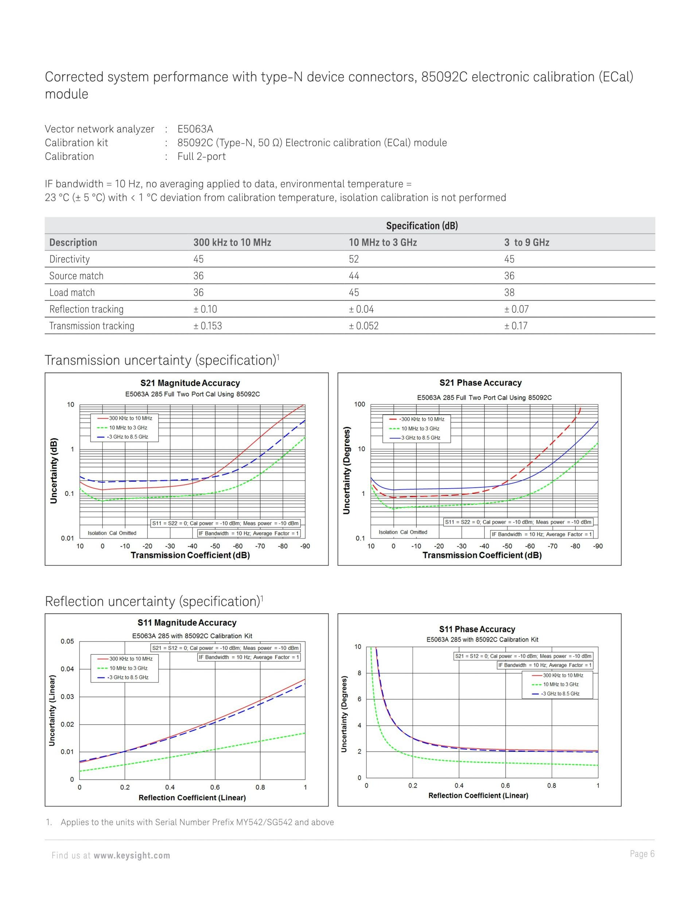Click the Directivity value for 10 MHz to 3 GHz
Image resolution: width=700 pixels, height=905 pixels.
click(353, 259)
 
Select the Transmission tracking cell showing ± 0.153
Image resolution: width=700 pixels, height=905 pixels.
click(207, 326)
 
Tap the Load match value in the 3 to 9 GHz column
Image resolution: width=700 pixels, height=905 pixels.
click(509, 293)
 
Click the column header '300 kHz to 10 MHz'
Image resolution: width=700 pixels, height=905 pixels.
click(232, 242)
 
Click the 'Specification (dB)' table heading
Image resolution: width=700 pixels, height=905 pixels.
click(422, 226)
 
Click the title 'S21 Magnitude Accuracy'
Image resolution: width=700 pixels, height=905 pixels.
click(190, 383)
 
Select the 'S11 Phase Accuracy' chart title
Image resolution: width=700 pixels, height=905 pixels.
click(477, 629)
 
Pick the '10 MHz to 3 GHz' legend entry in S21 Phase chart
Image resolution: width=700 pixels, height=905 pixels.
click(420, 428)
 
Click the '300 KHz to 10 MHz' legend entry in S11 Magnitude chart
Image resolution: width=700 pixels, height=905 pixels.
click(131, 659)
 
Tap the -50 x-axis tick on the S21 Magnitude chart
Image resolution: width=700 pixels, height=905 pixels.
click(215, 546)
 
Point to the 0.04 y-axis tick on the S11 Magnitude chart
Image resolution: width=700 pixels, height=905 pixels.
click(67, 669)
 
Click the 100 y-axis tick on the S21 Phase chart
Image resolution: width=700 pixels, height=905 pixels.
click(359, 404)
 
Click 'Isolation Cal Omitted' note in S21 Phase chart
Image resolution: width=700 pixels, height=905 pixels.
click(402, 532)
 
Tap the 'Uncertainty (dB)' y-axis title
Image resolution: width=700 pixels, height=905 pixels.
click(53, 471)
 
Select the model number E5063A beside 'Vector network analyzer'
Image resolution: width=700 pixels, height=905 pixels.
click(195, 129)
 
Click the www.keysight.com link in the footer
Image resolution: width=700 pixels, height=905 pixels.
click(132, 855)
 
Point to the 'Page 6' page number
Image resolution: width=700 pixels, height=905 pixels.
click(642, 854)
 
